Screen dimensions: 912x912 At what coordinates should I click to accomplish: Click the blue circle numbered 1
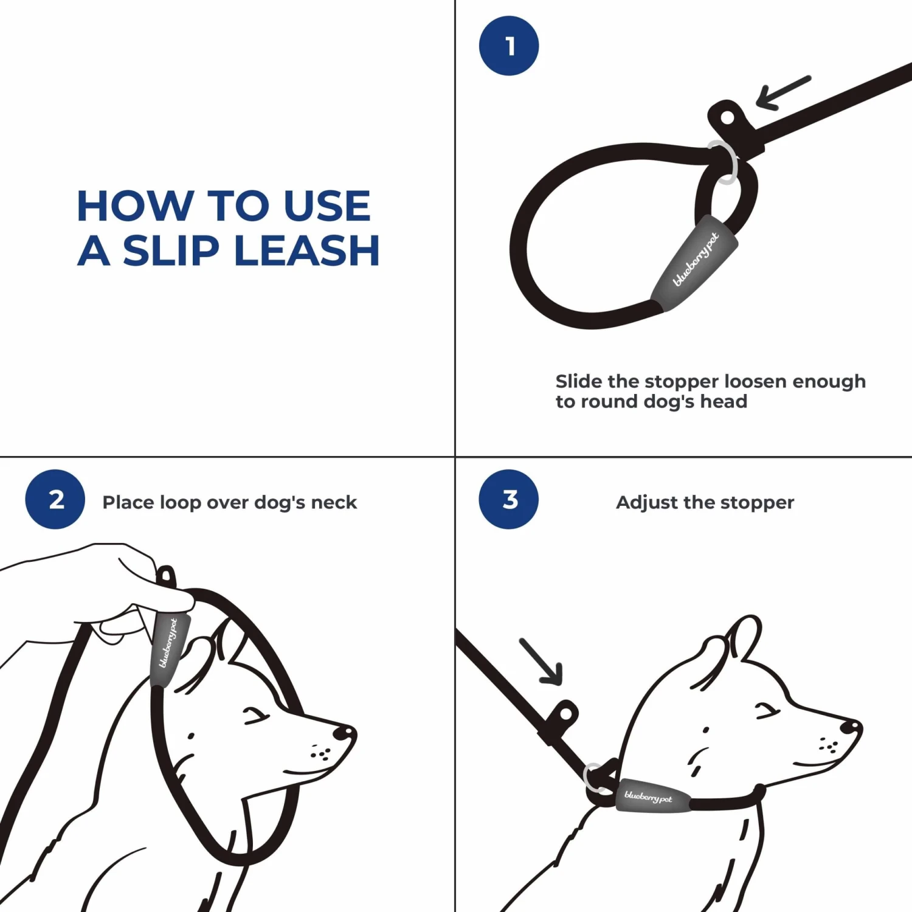pyautogui.click(x=509, y=46)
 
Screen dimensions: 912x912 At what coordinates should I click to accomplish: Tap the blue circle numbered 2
pyautogui.click(x=55, y=499)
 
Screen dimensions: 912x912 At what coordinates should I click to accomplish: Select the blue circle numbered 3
pyautogui.click(x=509, y=499)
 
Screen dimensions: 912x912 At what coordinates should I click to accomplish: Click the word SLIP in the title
pyautogui.click(x=171, y=250)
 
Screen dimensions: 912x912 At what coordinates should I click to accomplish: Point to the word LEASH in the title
pyautogui.click(x=307, y=250)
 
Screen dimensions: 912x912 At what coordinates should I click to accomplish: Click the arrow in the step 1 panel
pyautogui.click(x=782, y=92)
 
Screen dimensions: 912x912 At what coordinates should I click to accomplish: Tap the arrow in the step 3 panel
pyautogui.click(x=541, y=662)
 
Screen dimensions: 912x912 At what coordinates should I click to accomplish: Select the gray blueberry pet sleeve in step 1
pyautogui.click(x=694, y=263)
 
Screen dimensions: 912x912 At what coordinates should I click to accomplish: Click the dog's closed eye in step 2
pyautogui.click(x=255, y=716)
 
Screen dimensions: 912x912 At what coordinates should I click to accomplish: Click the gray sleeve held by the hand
pyautogui.click(x=168, y=648)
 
